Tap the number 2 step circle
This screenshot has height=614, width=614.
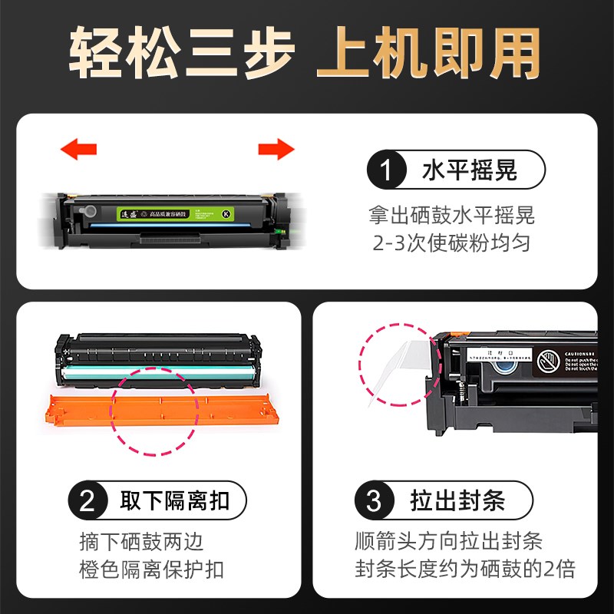88,502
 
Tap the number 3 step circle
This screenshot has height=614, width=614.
374,502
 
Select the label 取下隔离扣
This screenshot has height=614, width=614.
175,502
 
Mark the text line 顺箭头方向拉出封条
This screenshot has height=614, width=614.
448,541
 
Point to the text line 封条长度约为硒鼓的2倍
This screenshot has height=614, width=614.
465,569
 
